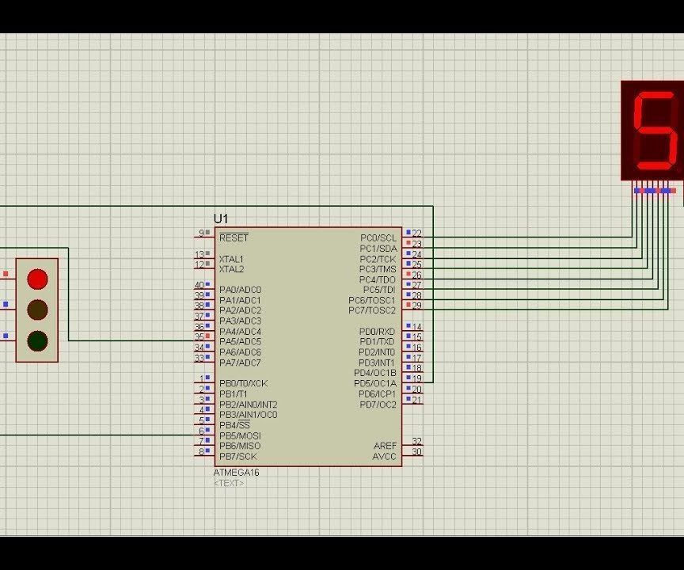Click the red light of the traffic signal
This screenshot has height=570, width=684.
pos(37,279)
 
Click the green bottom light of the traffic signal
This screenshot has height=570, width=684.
pos(37,341)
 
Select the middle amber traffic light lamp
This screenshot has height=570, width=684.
pos(37,310)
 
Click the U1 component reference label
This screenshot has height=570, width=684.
pos(220,218)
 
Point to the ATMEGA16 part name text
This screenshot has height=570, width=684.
pos(236,473)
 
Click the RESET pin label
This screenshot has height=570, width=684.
pos(234,238)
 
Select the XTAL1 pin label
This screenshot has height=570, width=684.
pos(231,259)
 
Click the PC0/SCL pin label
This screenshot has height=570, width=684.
pos(378,238)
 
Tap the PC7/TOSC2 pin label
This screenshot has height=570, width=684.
pos(372,310)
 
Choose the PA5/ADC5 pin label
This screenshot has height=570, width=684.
pos(240,342)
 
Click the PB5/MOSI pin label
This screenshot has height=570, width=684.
pos(240,435)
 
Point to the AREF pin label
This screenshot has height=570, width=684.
pos(385,446)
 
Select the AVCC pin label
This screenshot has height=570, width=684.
pos(384,456)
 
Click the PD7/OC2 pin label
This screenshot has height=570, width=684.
pos(378,405)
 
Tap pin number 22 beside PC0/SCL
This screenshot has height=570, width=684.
pos(416,234)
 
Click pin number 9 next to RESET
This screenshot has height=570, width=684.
pos(201,234)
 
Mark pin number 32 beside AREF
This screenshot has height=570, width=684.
pos(416,442)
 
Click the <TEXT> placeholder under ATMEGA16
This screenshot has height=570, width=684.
pos(229,483)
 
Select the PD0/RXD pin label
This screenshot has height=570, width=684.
pos(377,332)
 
